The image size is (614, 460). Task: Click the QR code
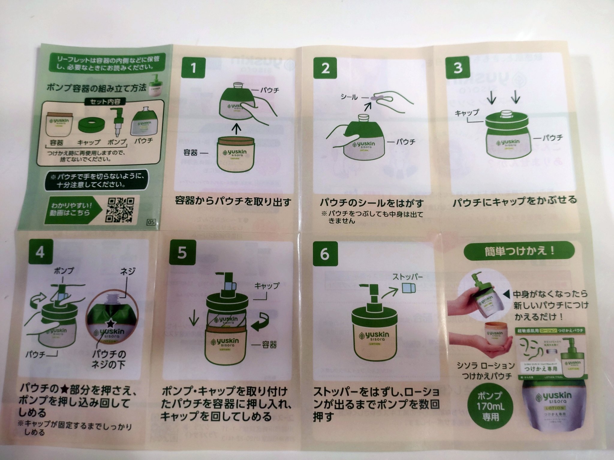pos(121,210)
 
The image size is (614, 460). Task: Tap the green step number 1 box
pos(193,68)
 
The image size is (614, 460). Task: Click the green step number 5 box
pos(182,253)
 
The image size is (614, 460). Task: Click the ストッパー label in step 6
pos(408,276)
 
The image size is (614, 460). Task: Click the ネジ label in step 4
pos(127,271)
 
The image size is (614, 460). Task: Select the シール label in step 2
pos(349,97)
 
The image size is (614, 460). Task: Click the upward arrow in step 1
pos(237,128)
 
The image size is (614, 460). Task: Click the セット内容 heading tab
pos(105,102)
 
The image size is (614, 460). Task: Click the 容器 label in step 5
pos(269,345)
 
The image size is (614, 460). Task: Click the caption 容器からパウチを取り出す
pos(233,202)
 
